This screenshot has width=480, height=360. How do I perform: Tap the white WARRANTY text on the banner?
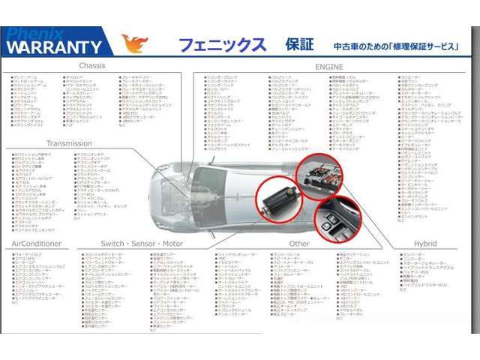click(54, 47)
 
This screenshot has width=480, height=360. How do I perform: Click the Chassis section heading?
click(92, 66)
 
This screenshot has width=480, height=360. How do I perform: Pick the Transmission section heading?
click(69, 143)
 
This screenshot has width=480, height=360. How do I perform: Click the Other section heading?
click(298, 244)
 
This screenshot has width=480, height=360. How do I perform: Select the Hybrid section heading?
click(424, 244)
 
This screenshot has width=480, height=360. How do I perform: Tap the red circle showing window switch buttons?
click(332, 219)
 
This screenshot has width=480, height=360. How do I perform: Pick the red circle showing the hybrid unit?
click(322, 175)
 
